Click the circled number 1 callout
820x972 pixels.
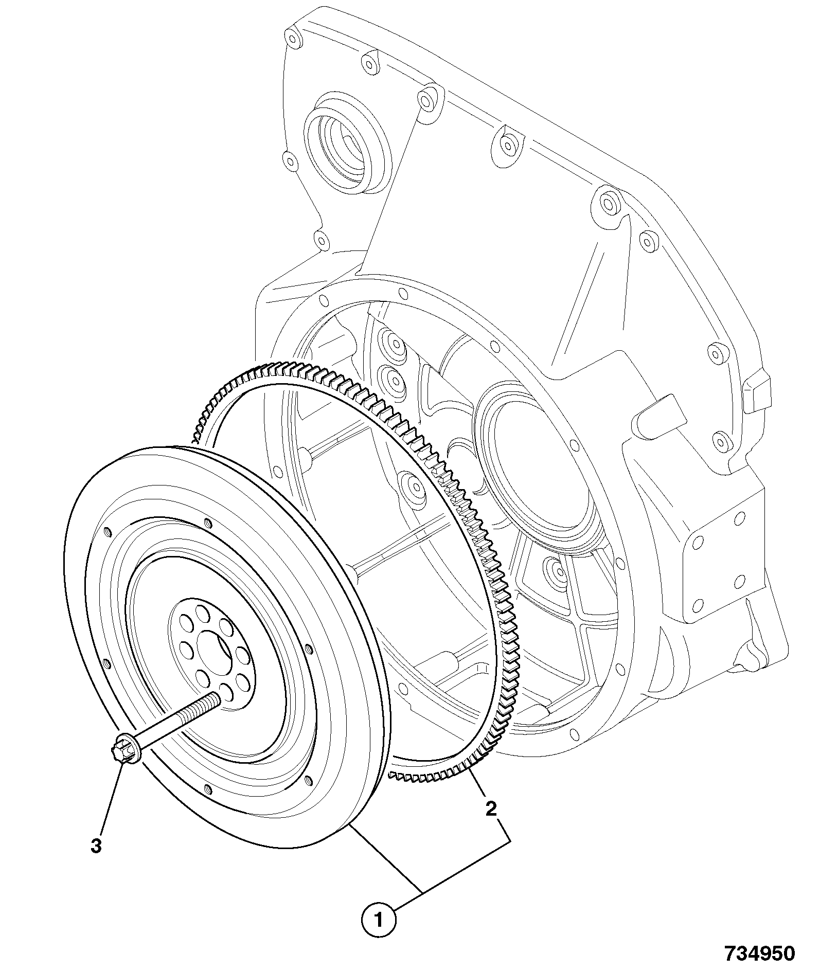click(379, 918)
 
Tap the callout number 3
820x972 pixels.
click(96, 846)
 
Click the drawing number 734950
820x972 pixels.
click(760, 953)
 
